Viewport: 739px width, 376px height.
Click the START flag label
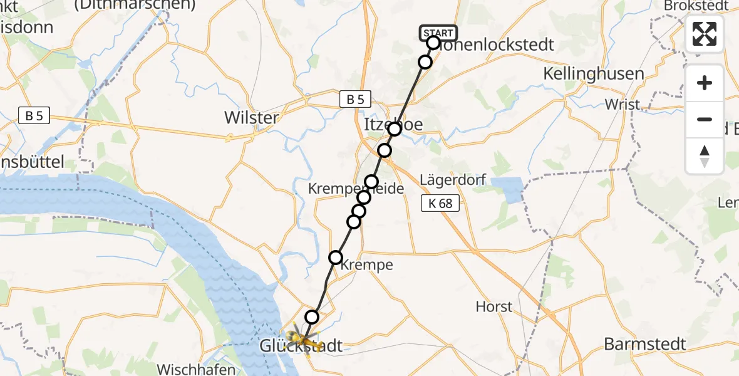tap(438, 33)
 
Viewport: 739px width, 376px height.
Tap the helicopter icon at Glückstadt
tap(302, 337)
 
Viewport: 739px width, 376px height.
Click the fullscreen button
tap(705, 34)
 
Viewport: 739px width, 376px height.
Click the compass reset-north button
tap(705, 156)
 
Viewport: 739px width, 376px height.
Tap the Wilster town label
tap(251, 118)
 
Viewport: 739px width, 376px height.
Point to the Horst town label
tap(494, 307)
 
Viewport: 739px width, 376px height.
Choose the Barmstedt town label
tap(644, 344)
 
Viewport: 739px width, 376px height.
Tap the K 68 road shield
tap(440, 203)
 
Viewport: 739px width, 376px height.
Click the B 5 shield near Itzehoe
tap(355, 99)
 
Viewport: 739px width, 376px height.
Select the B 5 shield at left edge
tap(34, 116)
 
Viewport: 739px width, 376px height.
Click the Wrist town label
tap(623, 104)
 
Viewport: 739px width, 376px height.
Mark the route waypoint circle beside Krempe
tap(336, 258)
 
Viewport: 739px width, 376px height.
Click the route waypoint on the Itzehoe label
tap(395, 129)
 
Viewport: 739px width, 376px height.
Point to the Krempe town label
tap(368, 265)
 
